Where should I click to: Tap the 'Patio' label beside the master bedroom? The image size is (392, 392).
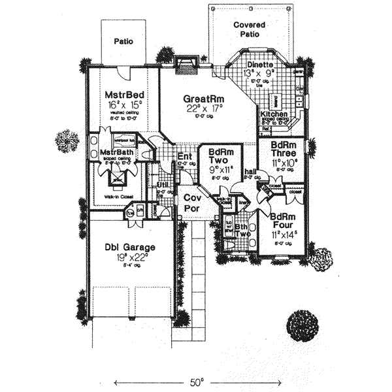tap(123, 41)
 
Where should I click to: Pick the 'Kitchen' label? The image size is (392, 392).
tap(274, 114)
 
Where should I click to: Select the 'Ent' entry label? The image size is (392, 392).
tap(184, 156)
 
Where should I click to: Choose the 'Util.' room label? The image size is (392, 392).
tap(163, 185)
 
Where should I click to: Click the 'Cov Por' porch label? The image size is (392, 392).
tap(191, 202)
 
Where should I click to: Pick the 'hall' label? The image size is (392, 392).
tap(249, 172)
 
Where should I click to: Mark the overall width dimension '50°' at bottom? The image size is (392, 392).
tap(197, 380)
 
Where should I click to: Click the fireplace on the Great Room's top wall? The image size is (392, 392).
tap(186, 63)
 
